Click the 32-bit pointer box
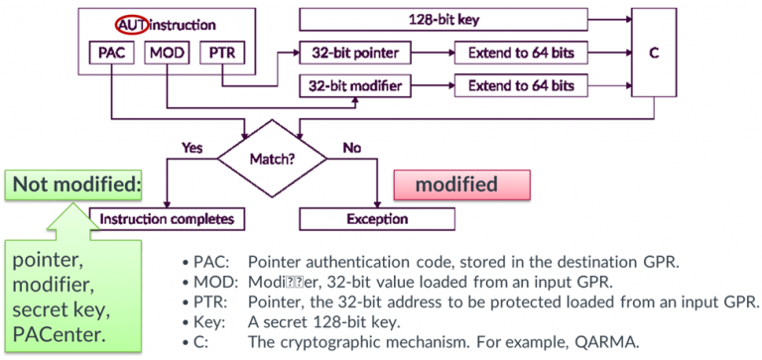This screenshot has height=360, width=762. tap(358, 52)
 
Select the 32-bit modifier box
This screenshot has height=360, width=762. tap(358, 87)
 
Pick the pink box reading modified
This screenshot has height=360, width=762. tap(462, 184)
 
